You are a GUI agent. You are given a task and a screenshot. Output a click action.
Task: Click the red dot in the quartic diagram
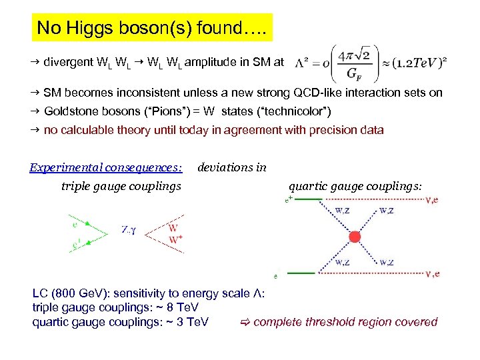[355, 237]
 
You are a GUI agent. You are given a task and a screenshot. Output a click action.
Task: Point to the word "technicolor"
[296, 111]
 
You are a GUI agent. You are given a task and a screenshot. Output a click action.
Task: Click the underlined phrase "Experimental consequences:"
[106, 167]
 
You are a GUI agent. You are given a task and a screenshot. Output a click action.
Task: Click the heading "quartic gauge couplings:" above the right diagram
[355, 186]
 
